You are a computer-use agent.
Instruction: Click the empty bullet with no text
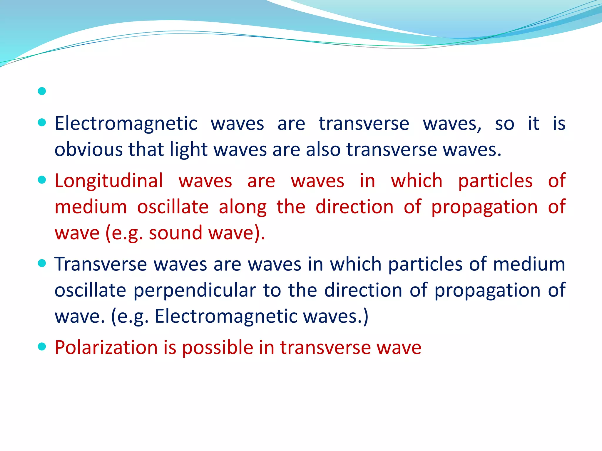point(42,91)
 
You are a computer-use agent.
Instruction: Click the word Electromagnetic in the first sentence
point(126,124)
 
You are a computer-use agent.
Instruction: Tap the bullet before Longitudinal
point(42,180)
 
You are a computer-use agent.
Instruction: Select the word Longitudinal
point(108,181)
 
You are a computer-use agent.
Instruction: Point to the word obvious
point(88,150)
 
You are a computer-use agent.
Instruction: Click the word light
point(189,150)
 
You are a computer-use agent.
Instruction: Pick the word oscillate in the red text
point(173,207)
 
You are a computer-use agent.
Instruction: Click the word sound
point(175,233)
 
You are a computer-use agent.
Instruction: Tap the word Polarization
point(106,348)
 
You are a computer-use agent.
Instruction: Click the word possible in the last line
point(218,348)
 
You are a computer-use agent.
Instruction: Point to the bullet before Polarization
point(42,347)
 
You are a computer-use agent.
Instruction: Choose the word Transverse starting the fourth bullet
point(101,264)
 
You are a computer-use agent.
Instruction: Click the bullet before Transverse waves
point(42,263)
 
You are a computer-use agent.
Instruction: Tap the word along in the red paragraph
point(243,207)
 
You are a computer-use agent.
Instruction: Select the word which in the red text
point(417,181)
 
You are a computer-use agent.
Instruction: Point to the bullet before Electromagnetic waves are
point(42,122)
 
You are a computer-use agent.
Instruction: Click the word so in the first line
point(504,124)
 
